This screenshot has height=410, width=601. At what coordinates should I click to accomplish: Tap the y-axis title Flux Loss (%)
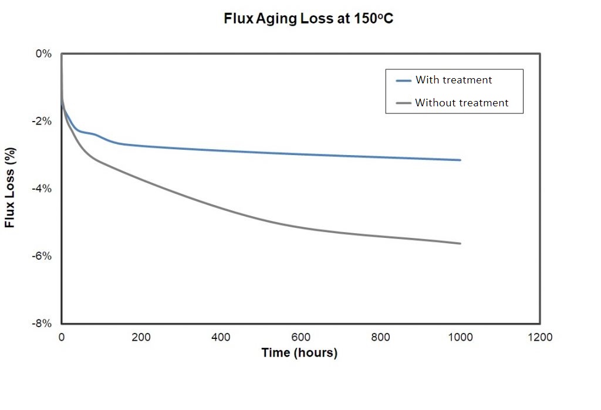click(10, 189)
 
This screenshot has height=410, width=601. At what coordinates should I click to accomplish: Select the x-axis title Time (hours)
click(300, 353)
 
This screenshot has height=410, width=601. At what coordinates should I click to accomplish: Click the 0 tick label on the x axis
click(62, 337)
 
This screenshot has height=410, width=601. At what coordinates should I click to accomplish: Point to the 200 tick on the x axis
click(141, 337)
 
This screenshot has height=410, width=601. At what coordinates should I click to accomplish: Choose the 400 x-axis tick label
click(221, 337)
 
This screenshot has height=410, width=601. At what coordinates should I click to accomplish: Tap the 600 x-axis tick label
click(301, 337)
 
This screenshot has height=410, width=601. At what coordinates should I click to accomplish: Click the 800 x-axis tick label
click(381, 337)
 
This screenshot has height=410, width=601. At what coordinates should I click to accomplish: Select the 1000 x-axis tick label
click(460, 337)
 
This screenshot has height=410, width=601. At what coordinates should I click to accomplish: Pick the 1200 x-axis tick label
click(540, 337)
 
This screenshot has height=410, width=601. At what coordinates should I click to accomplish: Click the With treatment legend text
click(454, 80)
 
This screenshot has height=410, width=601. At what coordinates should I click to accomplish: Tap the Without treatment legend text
click(461, 103)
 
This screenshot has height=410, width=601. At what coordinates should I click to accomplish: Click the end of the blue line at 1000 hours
click(460, 160)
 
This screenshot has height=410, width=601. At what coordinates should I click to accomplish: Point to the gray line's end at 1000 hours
click(460, 243)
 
